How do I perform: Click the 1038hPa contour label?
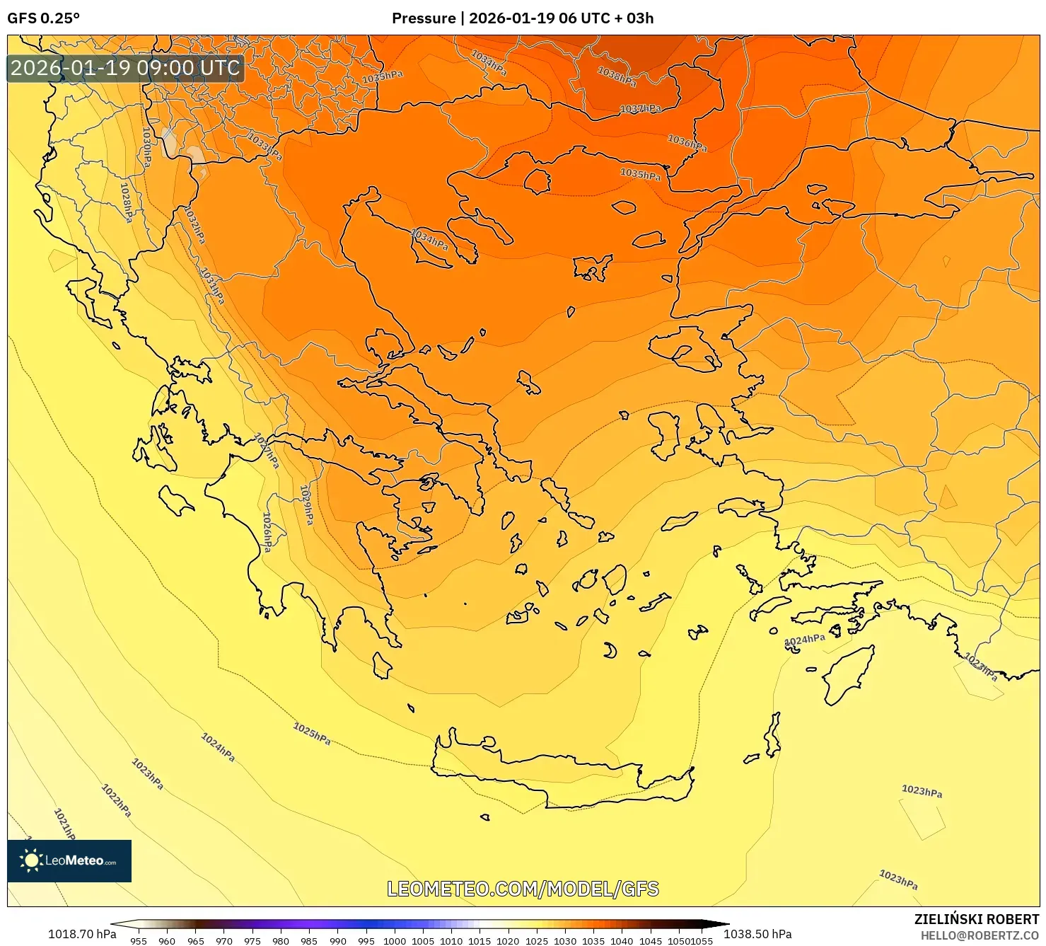[617, 76]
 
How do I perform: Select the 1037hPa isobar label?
[640, 109]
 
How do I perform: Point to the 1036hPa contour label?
[687, 143]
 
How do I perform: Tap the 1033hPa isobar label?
[265, 146]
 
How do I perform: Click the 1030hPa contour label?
[146, 147]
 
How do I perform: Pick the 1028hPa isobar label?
[126, 202]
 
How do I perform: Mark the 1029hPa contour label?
[306, 504]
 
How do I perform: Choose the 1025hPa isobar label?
[312, 733]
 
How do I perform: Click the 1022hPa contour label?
[117, 800]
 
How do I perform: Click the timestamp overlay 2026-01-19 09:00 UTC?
[126, 69]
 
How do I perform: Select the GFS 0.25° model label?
[43, 18]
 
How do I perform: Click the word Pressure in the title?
[423, 18]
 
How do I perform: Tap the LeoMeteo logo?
[69, 860]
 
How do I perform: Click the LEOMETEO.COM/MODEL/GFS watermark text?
[523, 889]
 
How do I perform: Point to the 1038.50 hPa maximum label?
[757, 934]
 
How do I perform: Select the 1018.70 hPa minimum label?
[82, 934]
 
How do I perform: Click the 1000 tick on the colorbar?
[394, 941]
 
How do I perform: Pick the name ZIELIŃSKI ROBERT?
[977, 919]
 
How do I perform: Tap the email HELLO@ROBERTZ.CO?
[980, 935]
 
